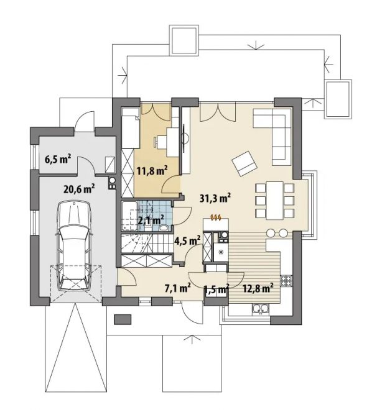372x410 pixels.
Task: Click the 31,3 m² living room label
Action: [x=215, y=198]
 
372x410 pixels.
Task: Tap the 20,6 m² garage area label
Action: [x=79, y=188]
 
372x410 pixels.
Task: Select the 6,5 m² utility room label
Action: [x=58, y=160]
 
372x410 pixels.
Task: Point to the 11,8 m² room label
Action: [x=152, y=171]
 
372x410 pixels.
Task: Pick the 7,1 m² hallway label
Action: [x=177, y=288]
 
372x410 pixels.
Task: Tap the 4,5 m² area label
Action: [x=187, y=240]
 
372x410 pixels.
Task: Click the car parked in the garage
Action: [x=74, y=246]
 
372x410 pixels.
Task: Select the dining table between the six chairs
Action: [x=274, y=200]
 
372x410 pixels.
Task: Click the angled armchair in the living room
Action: [x=244, y=163]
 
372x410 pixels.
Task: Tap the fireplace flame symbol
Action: [x=216, y=217]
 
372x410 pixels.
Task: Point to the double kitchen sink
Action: [x=260, y=309]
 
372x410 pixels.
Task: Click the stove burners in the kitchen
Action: [x=286, y=281]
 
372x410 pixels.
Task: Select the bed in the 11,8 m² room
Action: [x=131, y=128]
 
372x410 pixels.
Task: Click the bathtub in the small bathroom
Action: [x=129, y=216]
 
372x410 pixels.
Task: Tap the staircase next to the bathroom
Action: [x=147, y=244]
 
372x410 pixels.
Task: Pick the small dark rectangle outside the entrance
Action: [x=123, y=319]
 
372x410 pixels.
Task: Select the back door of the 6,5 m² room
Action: [x=85, y=121]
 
